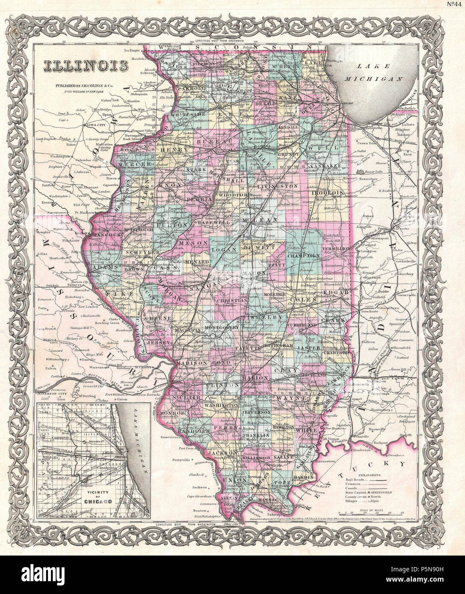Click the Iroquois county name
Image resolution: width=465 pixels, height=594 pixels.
coord(328,193)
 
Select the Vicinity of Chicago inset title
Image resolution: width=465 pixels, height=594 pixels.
coord(94,494)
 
